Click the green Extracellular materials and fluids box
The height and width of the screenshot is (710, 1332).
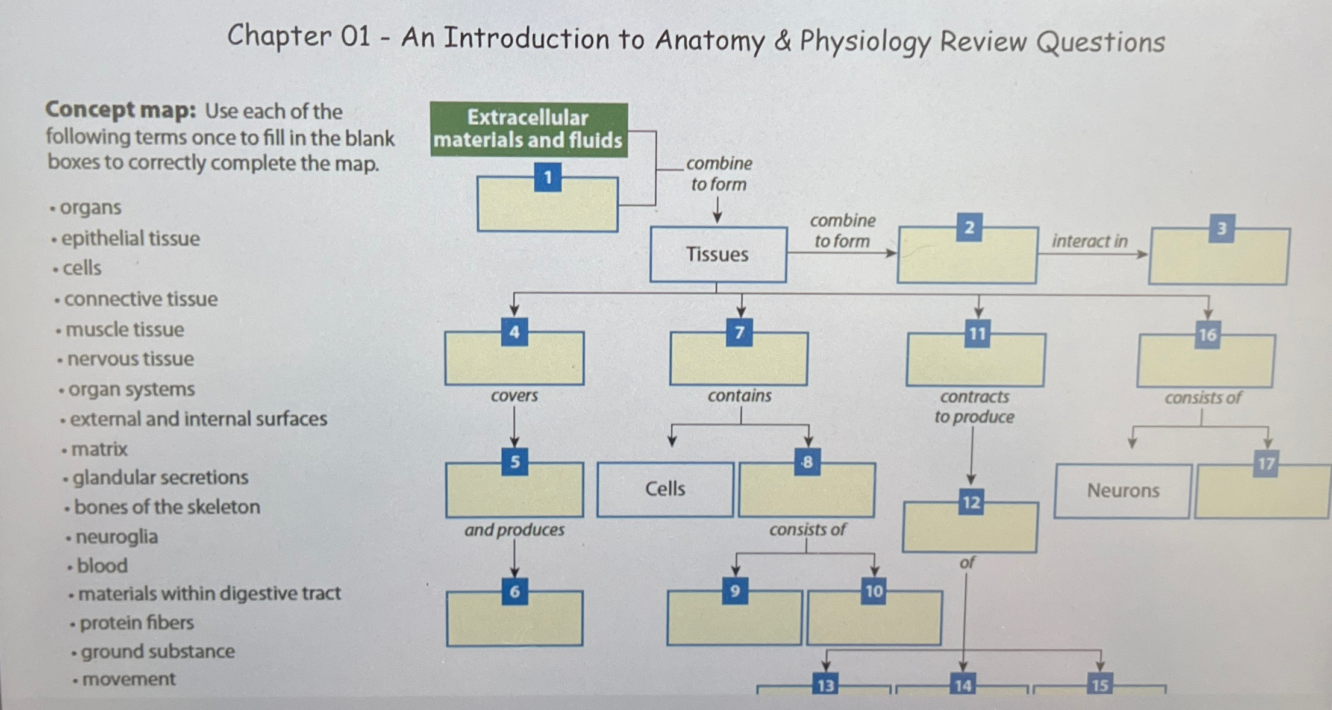528,129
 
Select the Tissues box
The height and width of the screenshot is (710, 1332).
718,254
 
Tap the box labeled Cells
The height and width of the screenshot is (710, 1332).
665,489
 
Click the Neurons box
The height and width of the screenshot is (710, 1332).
1122,491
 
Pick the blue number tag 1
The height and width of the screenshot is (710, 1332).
548,178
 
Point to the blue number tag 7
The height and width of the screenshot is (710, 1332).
739,333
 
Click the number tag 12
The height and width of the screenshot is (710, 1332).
971,503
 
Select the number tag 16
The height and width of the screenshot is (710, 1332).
1207,335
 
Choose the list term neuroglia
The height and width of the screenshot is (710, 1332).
116,536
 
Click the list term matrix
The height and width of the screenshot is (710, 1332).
99,449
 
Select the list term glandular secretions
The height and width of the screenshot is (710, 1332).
160,477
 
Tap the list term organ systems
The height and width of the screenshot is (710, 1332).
131,389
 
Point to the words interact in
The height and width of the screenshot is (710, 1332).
1089,241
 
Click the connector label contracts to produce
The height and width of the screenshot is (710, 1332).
974,407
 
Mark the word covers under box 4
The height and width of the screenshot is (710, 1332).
514,396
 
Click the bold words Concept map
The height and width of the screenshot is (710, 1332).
120,110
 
